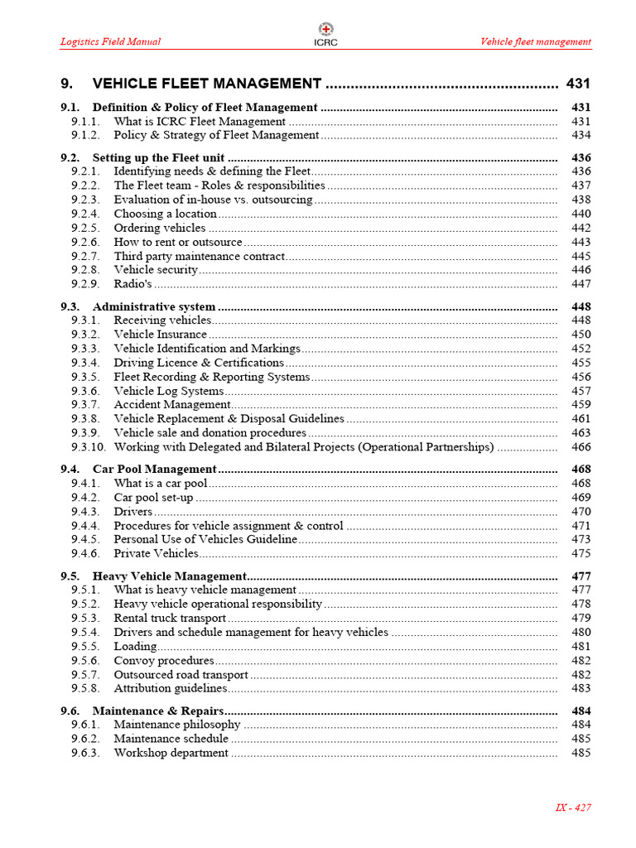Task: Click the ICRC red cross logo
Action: coord(325,29)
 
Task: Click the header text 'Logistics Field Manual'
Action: coord(110,41)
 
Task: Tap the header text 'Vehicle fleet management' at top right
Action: coord(536,41)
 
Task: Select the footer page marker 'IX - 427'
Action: coord(572,807)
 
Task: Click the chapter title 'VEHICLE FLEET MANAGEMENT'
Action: coord(206,84)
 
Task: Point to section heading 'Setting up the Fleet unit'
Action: coord(158,157)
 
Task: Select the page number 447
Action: coord(581,284)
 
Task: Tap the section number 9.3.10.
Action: coord(89,447)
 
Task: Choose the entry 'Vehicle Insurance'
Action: coord(160,335)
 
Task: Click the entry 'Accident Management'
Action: coord(171,405)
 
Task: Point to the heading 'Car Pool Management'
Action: coord(154,469)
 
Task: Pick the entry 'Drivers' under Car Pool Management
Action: coord(132,512)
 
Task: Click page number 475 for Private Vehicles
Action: coord(581,553)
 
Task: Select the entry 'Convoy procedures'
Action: coord(163,661)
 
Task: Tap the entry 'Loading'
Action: coord(135,646)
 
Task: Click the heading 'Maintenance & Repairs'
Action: coord(157,711)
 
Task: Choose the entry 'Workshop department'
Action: coord(171,753)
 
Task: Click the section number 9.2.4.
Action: coord(84,214)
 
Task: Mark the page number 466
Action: coord(581,447)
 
